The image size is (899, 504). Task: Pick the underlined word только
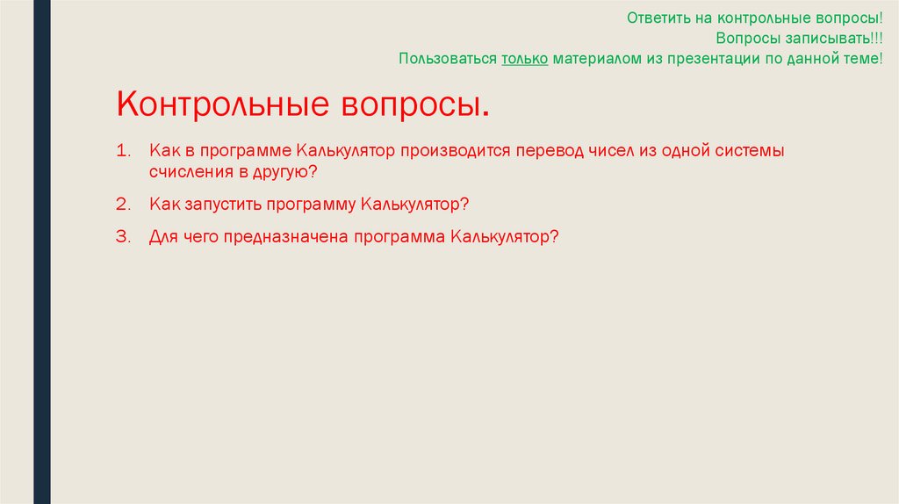(524, 59)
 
